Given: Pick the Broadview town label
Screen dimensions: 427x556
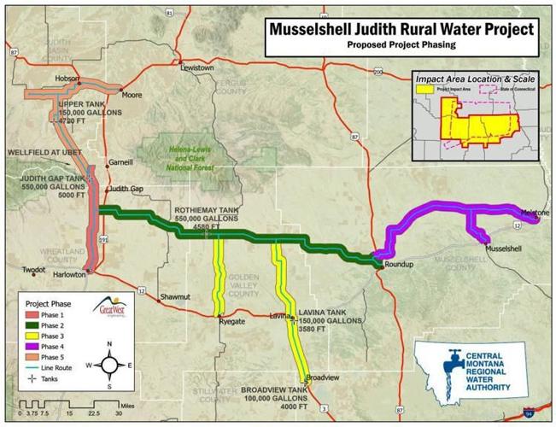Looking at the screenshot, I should pos(324,377).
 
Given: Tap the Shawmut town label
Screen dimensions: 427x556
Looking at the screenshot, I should pos(176,296).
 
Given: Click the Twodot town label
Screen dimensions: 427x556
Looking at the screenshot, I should pos(33,270).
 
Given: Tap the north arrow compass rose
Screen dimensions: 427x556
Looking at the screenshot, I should pos(109,364).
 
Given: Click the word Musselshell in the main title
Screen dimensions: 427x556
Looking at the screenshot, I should pos(320,28).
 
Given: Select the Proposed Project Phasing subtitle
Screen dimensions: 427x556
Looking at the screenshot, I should pos(401,44).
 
